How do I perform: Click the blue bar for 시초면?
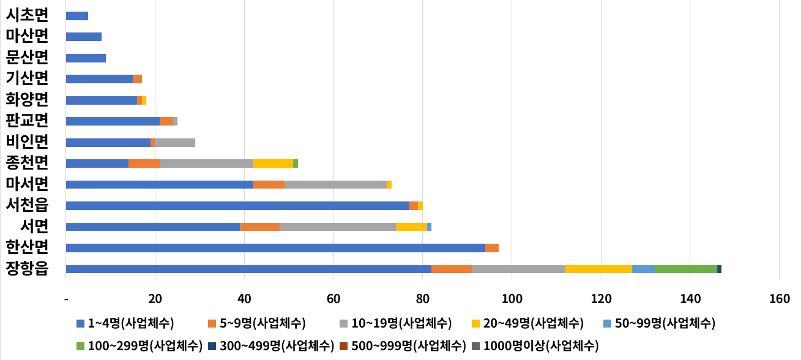point(76,16)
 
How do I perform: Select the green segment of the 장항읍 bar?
point(685,269)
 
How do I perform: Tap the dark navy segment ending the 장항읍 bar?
point(719,269)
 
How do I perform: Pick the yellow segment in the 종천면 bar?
point(273,163)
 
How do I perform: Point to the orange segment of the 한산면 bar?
point(492,248)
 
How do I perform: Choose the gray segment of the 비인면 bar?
point(175,143)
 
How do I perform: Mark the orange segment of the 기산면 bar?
point(137,79)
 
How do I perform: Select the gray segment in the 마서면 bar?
point(335,184)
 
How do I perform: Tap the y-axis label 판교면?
point(27,121)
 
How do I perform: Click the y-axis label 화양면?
point(27,99)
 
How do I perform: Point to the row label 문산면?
point(27,57)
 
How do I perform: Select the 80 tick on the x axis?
point(422,299)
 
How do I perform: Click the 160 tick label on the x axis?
point(779,299)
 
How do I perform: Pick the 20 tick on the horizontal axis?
point(155,299)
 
